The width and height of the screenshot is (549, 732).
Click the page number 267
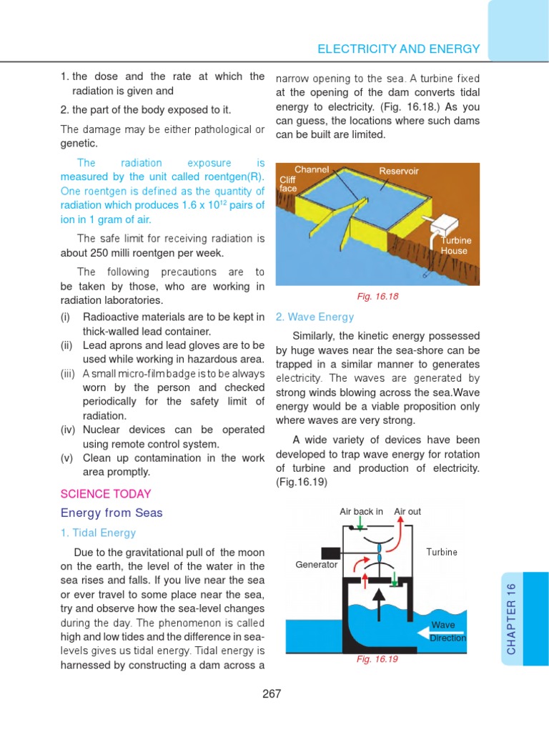tap(272, 694)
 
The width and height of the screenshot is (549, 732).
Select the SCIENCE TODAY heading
tap(106, 494)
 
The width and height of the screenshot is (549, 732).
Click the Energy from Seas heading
tap(112, 513)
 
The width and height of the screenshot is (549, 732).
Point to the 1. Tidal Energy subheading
tap(98, 533)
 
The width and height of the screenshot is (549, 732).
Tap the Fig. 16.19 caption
tap(377, 660)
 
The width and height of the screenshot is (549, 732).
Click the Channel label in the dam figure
tap(312, 169)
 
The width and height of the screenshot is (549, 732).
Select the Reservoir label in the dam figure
tap(399, 172)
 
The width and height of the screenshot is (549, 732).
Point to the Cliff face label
tap(288, 184)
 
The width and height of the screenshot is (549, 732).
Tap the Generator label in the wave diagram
tap(316, 565)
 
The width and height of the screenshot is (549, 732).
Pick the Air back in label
tap(362, 512)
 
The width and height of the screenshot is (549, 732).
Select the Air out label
tap(407, 512)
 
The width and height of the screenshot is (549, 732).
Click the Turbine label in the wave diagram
tap(442, 552)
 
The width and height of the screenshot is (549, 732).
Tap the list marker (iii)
tap(70, 373)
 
